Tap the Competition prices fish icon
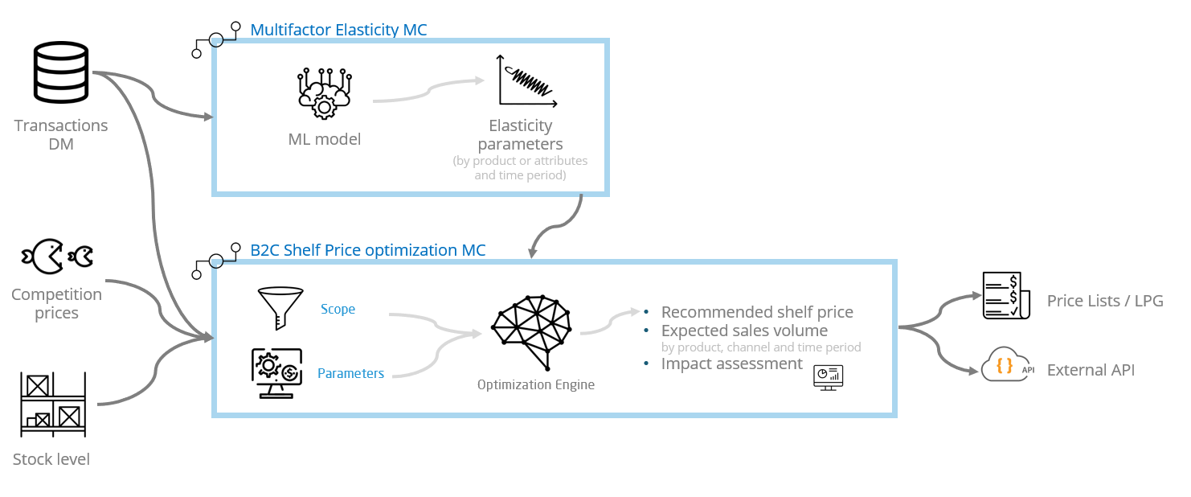point(57,256)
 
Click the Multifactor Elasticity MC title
point(338,30)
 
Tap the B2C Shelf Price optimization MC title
point(368,250)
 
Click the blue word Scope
point(338,309)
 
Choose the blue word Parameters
point(350,373)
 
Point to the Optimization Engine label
point(536,384)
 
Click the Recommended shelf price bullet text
point(757,312)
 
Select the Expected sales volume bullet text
point(744,331)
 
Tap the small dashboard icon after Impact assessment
point(828,376)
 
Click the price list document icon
point(1001,296)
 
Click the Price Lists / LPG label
point(1105,301)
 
